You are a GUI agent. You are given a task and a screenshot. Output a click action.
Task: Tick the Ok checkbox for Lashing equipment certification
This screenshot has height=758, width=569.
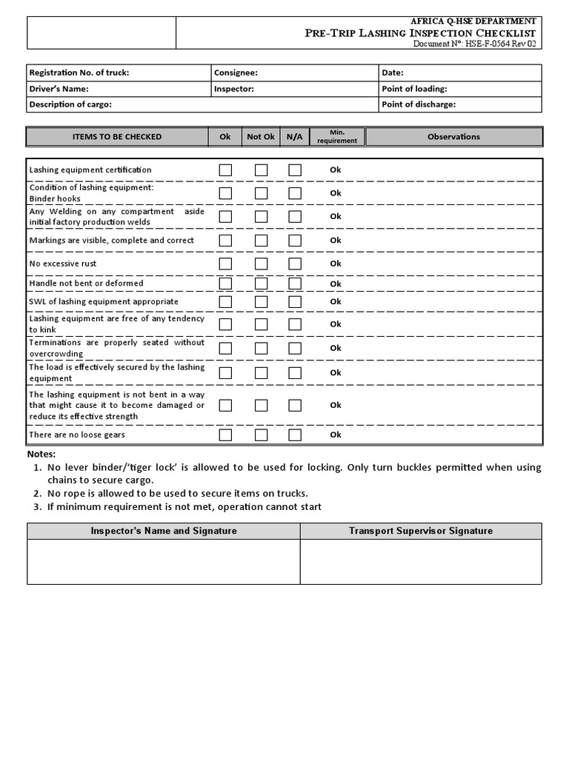pyautogui.click(x=225, y=170)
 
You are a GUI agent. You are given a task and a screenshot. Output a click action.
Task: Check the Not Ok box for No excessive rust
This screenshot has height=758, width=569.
pyautogui.click(x=261, y=264)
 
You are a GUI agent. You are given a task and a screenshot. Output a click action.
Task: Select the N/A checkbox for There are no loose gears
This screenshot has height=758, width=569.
pyautogui.click(x=295, y=435)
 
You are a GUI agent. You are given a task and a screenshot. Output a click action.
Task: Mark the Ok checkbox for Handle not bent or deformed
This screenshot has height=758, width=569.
pyautogui.click(x=225, y=284)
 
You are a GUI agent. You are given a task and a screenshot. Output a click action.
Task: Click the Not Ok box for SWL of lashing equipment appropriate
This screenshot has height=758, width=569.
pyautogui.click(x=261, y=302)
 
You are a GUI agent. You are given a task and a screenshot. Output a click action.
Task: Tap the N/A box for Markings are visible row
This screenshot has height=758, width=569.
pyautogui.click(x=295, y=241)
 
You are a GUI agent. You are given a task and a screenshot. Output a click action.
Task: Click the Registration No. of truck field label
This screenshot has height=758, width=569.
pyautogui.click(x=79, y=73)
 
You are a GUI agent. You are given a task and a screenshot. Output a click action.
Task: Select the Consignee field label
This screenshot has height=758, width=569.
pyautogui.click(x=236, y=73)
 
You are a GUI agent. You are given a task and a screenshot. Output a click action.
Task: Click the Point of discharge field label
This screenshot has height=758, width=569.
pyautogui.click(x=419, y=104)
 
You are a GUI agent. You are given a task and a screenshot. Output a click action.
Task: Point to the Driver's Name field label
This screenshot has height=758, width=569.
pyautogui.click(x=59, y=89)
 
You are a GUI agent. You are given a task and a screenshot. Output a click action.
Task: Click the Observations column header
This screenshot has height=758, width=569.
pyautogui.click(x=453, y=136)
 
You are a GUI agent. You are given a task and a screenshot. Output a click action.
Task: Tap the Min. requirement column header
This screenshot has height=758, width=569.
pyautogui.click(x=337, y=136)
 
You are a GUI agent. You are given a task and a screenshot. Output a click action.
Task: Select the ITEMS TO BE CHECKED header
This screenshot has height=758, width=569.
pyautogui.click(x=117, y=136)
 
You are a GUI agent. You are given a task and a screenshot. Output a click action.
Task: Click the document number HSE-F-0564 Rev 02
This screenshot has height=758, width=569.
pyautogui.click(x=474, y=44)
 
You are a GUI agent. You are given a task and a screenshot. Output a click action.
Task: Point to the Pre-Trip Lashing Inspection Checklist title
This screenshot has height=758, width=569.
pyautogui.click(x=421, y=33)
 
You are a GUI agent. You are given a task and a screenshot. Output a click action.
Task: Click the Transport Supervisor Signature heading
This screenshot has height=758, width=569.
pyautogui.click(x=421, y=531)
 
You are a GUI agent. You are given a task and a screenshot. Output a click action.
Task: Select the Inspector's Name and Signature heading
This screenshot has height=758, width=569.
pyautogui.click(x=164, y=531)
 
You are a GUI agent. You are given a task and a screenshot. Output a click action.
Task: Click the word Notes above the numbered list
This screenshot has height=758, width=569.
pyautogui.click(x=41, y=454)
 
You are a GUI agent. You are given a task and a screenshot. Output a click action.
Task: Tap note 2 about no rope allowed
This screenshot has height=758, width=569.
pyautogui.click(x=178, y=493)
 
